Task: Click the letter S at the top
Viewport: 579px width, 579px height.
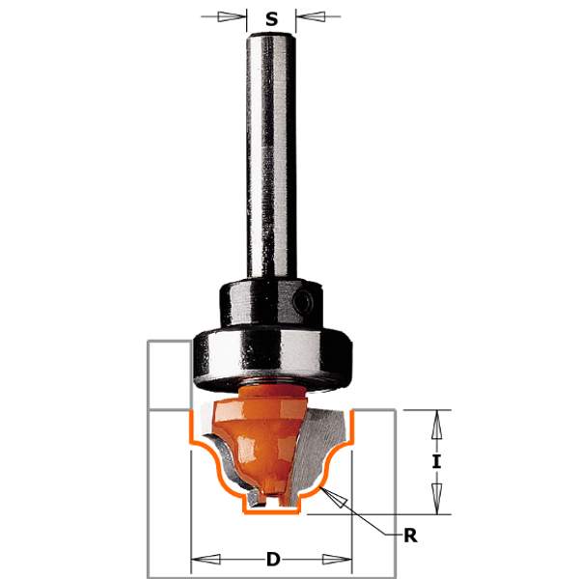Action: pos(271,19)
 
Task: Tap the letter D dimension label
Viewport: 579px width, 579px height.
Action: pos(273,560)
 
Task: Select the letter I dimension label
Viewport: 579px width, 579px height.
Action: pos(436,461)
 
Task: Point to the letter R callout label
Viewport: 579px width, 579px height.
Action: pos(410,536)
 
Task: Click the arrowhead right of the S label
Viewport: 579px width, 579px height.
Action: pos(310,16)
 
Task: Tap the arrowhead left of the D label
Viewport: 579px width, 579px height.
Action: pos(207,559)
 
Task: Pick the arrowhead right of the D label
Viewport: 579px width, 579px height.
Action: pos(337,559)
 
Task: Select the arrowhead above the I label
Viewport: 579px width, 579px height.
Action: pos(437,425)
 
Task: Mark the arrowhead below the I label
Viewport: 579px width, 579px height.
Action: pos(437,499)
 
